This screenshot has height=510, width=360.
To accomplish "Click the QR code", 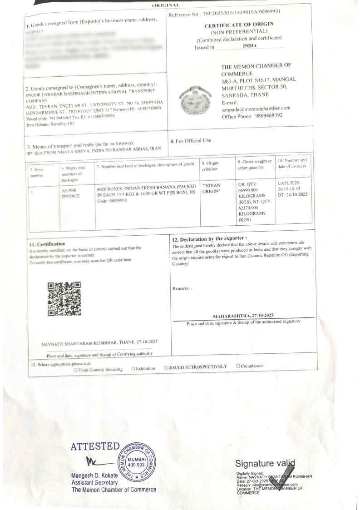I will (64, 299).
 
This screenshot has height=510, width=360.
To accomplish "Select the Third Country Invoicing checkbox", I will (75, 370).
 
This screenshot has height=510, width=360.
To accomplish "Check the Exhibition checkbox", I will (133, 368).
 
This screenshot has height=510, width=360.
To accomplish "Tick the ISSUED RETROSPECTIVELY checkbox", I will (166, 367).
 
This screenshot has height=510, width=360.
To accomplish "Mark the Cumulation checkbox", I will (237, 366).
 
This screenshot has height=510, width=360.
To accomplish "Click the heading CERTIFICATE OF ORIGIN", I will (245, 25).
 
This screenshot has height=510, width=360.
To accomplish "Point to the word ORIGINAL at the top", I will (167, 5).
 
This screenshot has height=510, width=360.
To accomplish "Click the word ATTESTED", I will (95, 447).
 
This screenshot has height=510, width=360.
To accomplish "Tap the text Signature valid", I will (265, 464).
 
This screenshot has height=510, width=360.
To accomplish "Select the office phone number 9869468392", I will (269, 116).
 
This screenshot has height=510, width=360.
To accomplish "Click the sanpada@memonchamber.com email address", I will (256, 109).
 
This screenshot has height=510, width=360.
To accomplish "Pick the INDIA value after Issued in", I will (250, 46).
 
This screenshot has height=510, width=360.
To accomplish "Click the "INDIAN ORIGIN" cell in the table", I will (211, 188).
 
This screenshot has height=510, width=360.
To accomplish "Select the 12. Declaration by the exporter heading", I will (210, 238).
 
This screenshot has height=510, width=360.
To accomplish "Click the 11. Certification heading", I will (47, 244).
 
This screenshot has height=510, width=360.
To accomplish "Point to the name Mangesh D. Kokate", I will (94, 475).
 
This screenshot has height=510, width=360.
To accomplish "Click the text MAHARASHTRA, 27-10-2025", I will (243, 315).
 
